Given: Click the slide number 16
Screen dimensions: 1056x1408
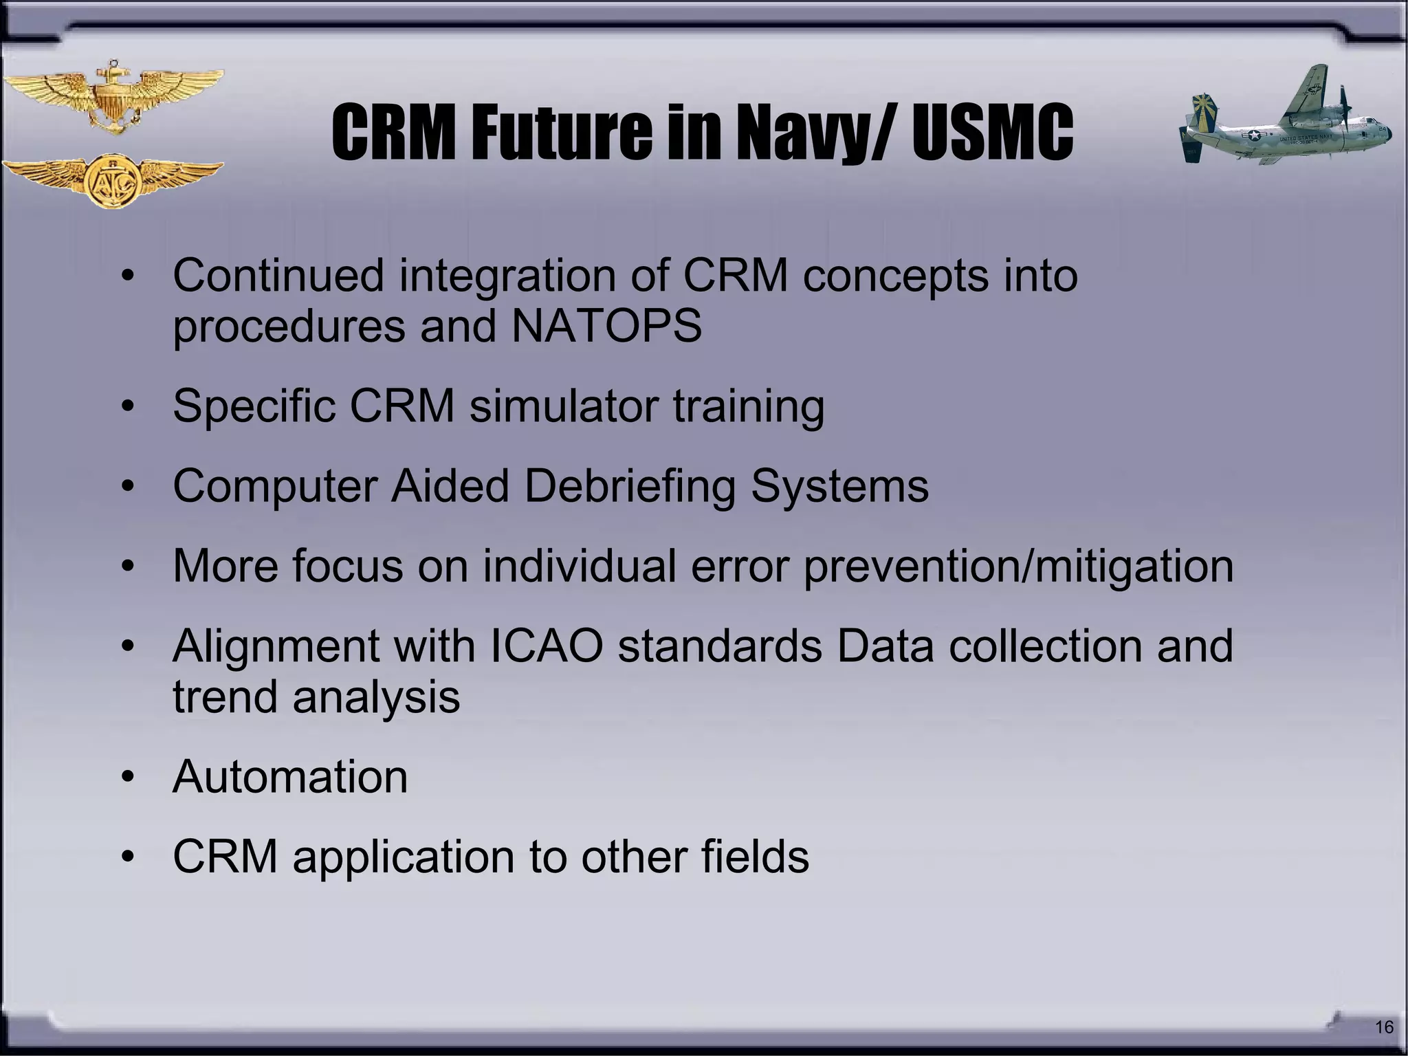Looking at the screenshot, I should pyautogui.click(x=1383, y=1027).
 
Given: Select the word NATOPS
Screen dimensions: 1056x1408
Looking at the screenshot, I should pyautogui.click(x=606, y=326).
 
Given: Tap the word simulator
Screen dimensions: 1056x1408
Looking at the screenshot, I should pyautogui.click(x=564, y=406).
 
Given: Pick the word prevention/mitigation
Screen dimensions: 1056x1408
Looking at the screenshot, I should pyautogui.click(x=1017, y=566).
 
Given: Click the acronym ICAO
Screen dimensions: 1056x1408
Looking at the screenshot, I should pyautogui.click(x=547, y=646).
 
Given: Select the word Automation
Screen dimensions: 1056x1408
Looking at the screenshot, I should pyautogui.click(x=290, y=777).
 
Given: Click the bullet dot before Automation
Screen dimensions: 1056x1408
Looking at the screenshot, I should pyautogui.click(x=127, y=778).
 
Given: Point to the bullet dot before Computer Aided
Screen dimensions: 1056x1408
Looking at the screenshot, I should pyautogui.click(x=127, y=487).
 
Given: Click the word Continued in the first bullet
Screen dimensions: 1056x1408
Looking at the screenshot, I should pyautogui.click(x=278, y=276).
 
